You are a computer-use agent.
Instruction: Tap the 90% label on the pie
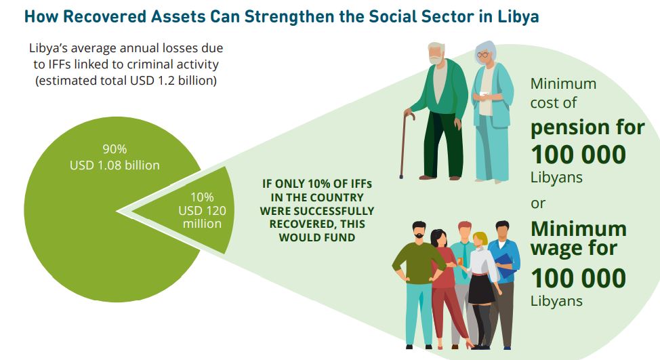coord(115,149)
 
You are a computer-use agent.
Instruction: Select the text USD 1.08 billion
coord(115,165)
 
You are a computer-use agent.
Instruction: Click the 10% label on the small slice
coord(202,197)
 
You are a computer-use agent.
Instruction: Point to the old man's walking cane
coord(406,144)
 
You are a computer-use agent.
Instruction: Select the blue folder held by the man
coord(505,266)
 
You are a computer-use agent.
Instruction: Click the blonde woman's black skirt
coord(482,288)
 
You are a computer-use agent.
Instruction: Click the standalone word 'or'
coord(538,204)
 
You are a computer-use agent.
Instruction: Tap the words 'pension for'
coord(587,128)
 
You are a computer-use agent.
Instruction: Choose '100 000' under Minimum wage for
coord(578,279)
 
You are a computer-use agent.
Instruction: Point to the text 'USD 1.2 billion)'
coord(173,81)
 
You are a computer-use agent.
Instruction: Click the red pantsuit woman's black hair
coord(438,237)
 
